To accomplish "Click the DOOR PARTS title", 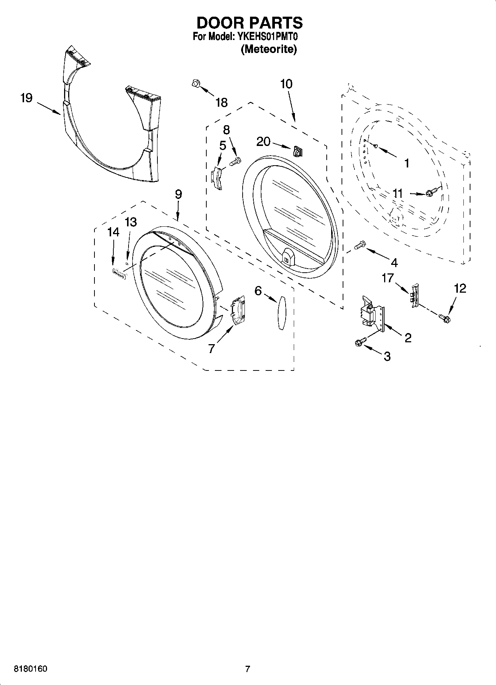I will [249, 23].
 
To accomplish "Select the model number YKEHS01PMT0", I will [266, 37].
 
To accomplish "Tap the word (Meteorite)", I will [269, 49].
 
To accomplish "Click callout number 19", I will [26, 98].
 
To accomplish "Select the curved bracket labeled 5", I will [218, 178].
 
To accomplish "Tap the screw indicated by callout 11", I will [431, 192].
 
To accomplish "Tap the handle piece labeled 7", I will [237, 307].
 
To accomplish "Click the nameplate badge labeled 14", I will [119, 273].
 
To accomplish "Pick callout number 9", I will [178, 194].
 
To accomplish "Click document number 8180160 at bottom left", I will [30, 669].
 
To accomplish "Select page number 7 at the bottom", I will [247, 669].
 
